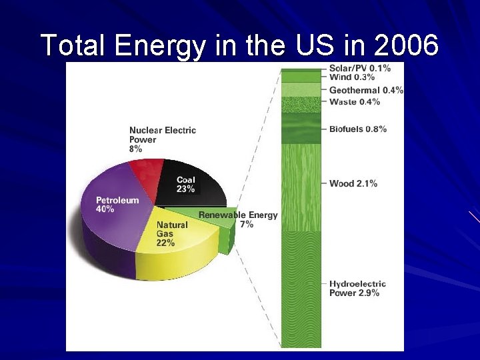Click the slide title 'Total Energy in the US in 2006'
240,45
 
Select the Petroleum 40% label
117,205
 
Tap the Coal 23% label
186,185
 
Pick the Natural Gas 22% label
171,234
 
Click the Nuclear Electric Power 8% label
162,140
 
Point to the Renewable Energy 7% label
238,220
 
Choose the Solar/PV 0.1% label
360,69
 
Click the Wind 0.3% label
352,78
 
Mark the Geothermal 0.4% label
366,90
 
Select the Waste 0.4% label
355,102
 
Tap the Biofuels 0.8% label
357,129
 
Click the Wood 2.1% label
353,183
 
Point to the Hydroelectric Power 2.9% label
357,288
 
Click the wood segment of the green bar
301,187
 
